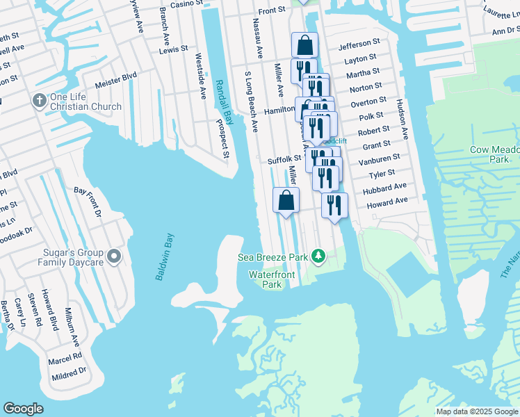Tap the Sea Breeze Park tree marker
318,257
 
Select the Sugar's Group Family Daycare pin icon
115,258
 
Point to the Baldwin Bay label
165,256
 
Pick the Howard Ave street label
387,202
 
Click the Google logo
24,408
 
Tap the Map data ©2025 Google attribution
477,411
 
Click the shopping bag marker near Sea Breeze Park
286,202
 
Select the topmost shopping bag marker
304,46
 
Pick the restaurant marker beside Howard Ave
334,206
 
